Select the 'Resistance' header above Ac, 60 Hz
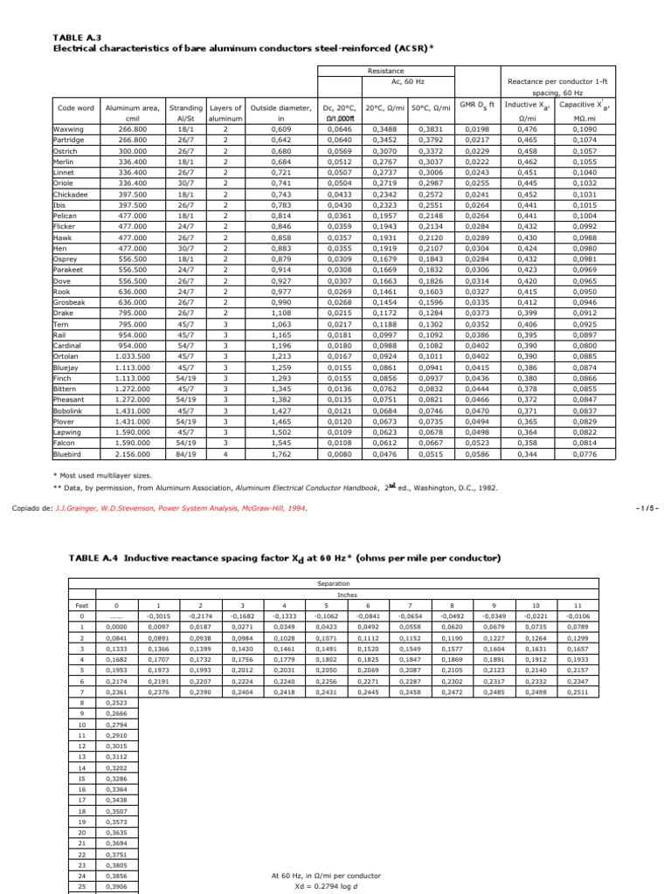click(385, 71)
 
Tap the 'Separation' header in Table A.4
click(333, 583)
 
